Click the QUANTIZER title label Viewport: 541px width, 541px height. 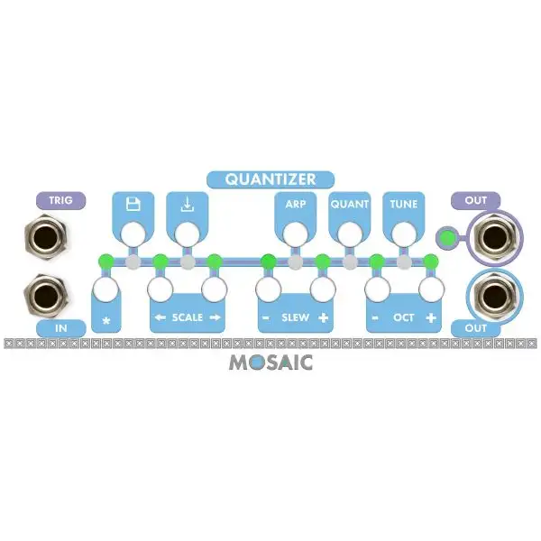click(271, 179)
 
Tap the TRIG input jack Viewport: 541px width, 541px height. click(41, 240)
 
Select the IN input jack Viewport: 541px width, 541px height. click(41, 294)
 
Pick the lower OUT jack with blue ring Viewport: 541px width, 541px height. click(492, 294)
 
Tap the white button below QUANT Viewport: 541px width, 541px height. click(348, 234)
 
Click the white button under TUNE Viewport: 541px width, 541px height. click(402, 234)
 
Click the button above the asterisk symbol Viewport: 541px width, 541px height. click(106, 290)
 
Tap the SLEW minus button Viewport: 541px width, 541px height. click(268, 290)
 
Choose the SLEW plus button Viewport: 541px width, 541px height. click(322, 290)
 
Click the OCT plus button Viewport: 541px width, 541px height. click(430, 290)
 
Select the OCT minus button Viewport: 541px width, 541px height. click(377, 290)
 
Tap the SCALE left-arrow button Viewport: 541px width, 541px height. click(160, 290)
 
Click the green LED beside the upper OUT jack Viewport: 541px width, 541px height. click(445, 240)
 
